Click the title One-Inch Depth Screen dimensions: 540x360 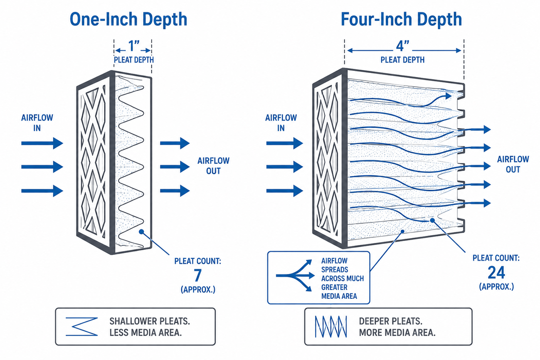[128, 20]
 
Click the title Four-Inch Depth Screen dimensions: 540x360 [401, 20]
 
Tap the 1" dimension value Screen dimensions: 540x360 [133, 46]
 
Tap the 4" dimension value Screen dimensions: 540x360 [402, 46]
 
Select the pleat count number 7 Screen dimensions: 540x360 [198, 275]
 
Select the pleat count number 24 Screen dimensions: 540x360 [496, 273]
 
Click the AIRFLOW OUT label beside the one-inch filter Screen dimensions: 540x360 [214, 166]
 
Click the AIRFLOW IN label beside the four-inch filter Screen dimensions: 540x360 [281, 123]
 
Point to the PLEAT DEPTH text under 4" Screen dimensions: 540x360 [402, 60]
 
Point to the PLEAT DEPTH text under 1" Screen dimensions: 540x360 [134, 60]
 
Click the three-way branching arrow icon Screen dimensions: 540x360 [295, 275]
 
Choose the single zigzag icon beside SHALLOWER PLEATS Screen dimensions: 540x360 [82, 326]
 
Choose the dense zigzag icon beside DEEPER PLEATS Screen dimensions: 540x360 [331, 326]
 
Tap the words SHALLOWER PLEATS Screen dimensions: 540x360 [150, 321]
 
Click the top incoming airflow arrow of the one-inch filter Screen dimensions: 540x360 [42, 143]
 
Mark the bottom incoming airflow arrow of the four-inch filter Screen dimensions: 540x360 [284, 191]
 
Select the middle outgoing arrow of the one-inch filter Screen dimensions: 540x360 [175, 167]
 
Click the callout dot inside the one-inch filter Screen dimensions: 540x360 [141, 232]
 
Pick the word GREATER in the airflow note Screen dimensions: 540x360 [334, 287]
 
